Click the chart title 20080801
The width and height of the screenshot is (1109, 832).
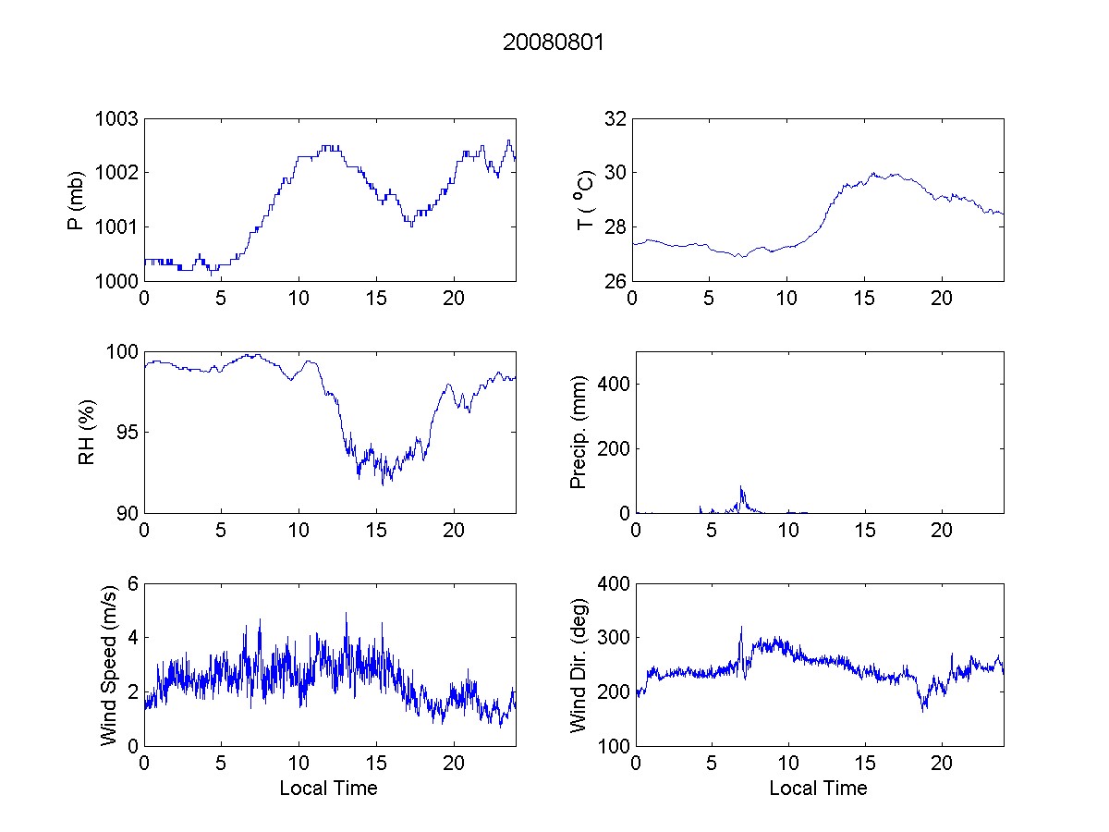pos(553,43)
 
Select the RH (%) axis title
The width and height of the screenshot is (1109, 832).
pos(87,432)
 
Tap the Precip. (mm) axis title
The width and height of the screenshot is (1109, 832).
pos(579,432)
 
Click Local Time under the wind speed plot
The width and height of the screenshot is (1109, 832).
pos(328,788)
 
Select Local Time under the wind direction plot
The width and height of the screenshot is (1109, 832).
pos(818,788)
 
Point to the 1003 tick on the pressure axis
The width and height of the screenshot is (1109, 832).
pos(117,119)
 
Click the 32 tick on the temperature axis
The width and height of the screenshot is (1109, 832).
pos(615,119)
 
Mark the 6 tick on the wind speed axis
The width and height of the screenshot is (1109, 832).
pos(132,583)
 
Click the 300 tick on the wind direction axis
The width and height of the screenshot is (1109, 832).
pos(610,638)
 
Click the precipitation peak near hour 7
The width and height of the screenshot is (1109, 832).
pos(741,487)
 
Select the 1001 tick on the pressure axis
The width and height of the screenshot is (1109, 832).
pos(117,226)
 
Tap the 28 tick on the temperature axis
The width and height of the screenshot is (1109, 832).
pos(615,226)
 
